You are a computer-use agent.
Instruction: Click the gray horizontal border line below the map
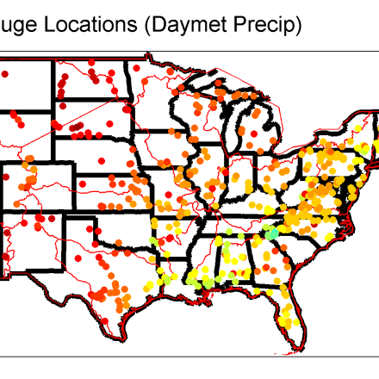click(189, 353)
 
